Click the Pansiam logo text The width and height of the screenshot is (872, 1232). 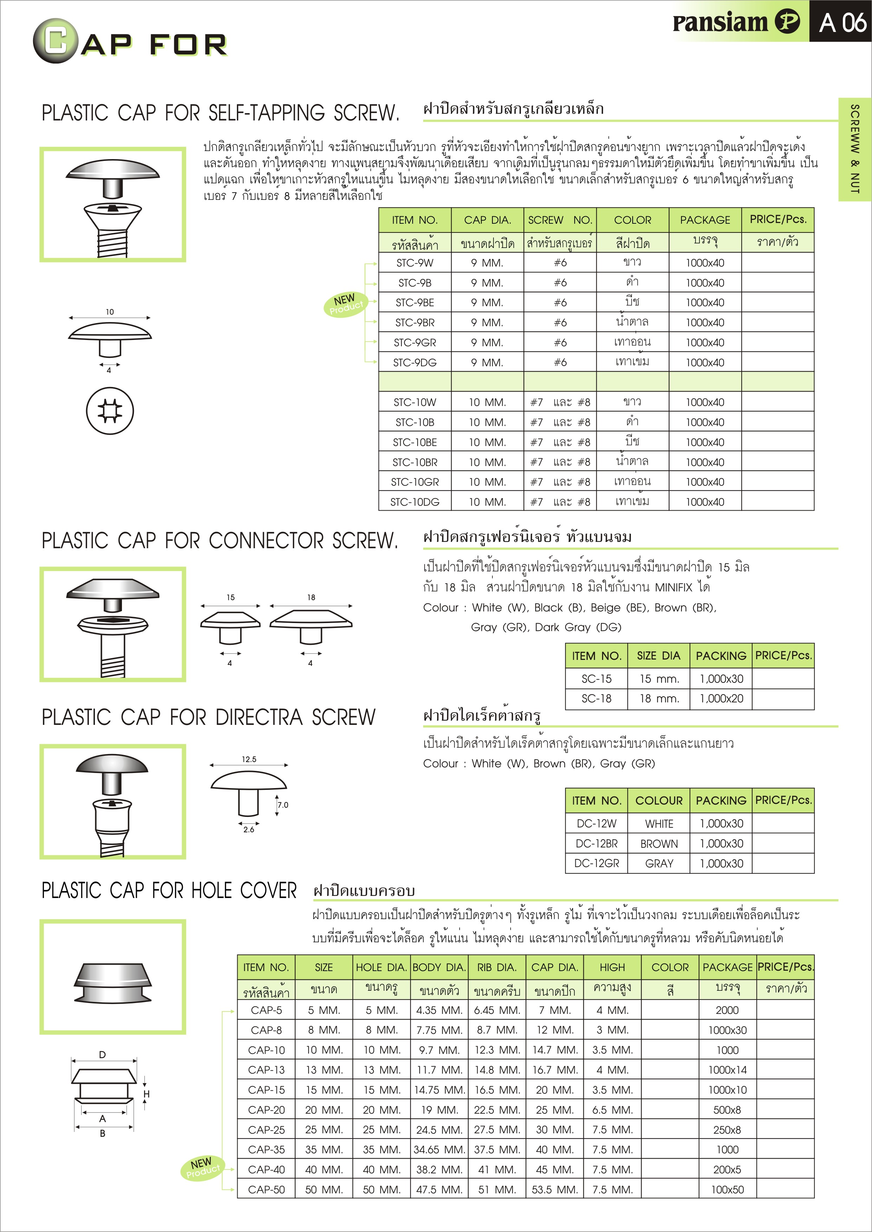(720, 22)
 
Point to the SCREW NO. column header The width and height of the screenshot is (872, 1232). (560, 220)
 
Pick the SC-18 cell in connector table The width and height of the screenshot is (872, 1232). (596, 699)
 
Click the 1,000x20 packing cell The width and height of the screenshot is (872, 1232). (721, 699)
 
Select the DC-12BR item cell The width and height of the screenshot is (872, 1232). (596, 844)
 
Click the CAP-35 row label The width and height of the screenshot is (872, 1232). (266, 1150)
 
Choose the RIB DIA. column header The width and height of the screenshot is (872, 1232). (497, 968)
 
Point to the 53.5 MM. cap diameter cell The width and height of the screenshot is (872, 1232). (555, 1190)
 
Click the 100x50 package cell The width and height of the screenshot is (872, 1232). (727, 1190)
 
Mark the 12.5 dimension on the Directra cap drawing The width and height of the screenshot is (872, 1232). (248, 759)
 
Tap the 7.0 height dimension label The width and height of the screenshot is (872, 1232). (283, 805)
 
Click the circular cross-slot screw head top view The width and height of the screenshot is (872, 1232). (110, 411)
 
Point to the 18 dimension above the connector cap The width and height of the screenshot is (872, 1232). (311, 597)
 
